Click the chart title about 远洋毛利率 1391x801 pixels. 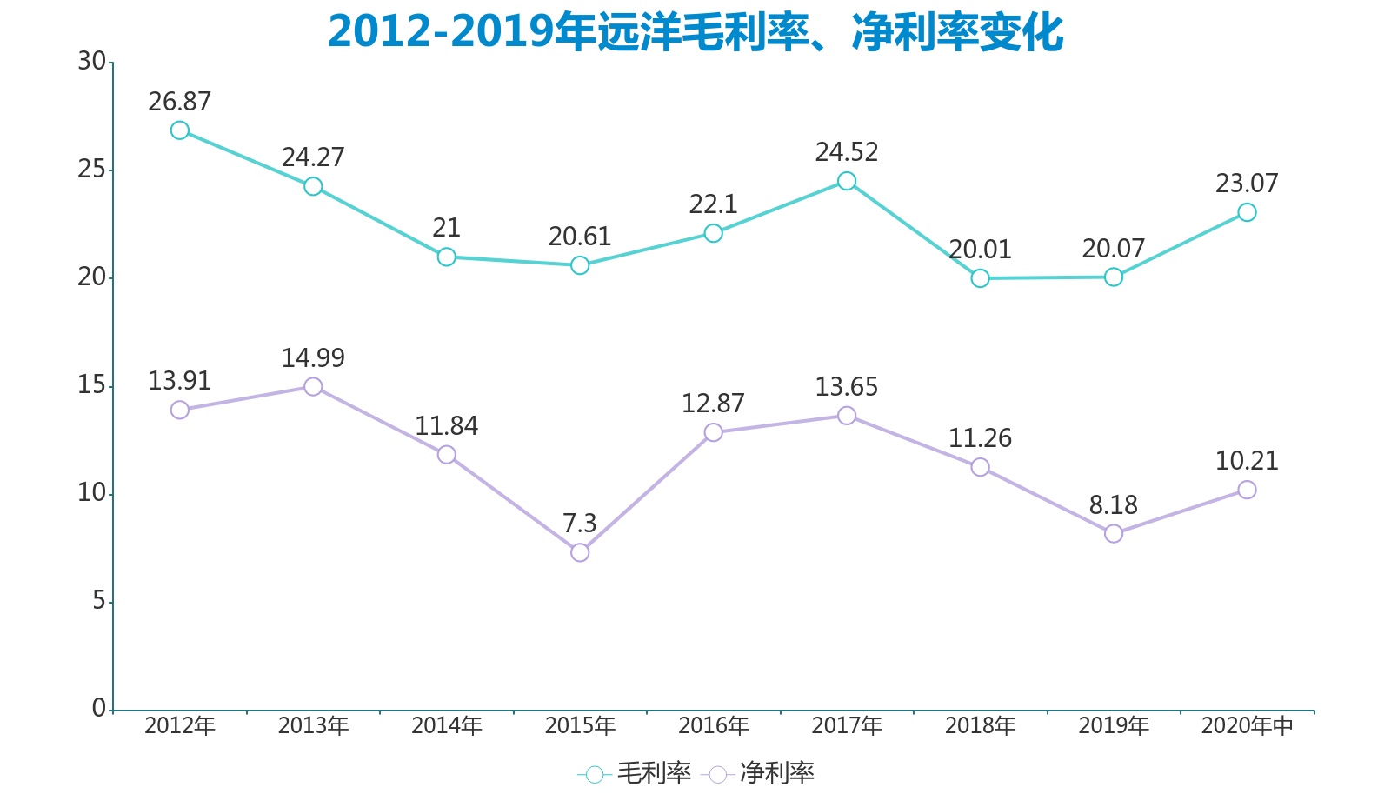pos(695,32)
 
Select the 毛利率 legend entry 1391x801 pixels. pos(635,773)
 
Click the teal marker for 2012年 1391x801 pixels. pos(180,130)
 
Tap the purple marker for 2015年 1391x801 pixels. pos(580,552)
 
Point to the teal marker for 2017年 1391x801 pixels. pos(847,181)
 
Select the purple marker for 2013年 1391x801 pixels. pos(313,386)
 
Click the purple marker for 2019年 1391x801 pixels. pos(1114,533)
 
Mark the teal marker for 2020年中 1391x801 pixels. pos(1247,212)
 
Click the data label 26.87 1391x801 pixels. pos(180,102)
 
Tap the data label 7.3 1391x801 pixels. pos(580,524)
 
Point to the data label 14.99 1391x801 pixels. pos(313,358)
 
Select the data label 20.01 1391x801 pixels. pos(980,250)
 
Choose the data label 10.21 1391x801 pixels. pos(1247,461)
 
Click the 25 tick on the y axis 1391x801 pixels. pos(91,170)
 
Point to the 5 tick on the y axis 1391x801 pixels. pos(99,601)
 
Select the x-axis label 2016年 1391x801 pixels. pos(713,725)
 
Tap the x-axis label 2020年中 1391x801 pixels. pos(1247,725)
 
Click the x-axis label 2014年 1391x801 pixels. pos(446,725)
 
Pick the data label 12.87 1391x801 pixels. pos(713,404)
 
